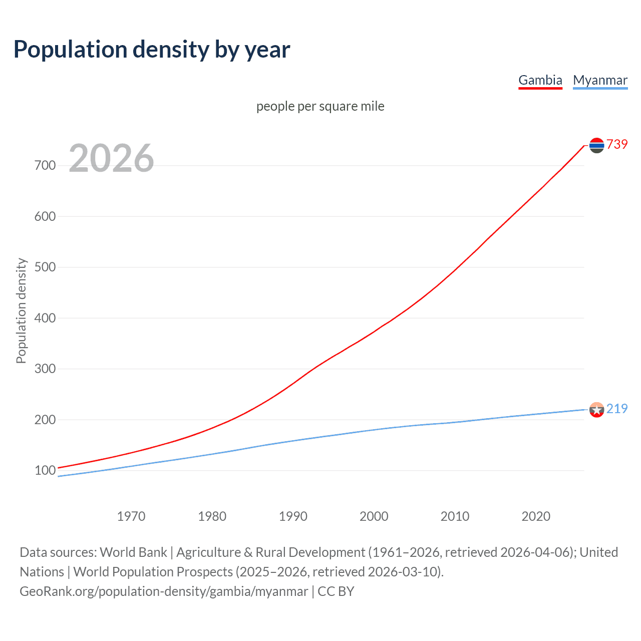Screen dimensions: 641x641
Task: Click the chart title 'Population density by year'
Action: pyautogui.click(x=152, y=50)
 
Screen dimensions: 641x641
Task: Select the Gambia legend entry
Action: pyautogui.click(x=540, y=80)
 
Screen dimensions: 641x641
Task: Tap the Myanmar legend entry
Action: pyautogui.click(x=600, y=80)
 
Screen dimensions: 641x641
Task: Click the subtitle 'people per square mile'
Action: pyautogui.click(x=320, y=106)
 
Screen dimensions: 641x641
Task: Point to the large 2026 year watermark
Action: pyautogui.click(x=111, y=158)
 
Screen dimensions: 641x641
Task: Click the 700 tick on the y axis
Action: pyautogui.click(x=45, y=165)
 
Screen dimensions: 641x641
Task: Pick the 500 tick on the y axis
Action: pyautogui.click(x=45, y=267)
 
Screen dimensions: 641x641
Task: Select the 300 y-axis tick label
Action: pyautogui.click(x=45, y=369)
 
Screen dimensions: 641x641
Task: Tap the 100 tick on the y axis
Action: pyautogui.click(x=45, y=470)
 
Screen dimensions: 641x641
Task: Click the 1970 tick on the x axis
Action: pyautogui.click(x=131, y=516)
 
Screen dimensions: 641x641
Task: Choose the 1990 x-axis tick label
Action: pyautogui.click(x=293, y=516)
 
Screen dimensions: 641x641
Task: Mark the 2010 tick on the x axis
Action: pyautogui.click(x=455, y=516)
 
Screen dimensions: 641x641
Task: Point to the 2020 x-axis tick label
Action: pyautogui.click(x=536, y=516)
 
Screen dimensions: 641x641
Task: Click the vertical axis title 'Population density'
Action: pyautogui.click(x=21, y=310)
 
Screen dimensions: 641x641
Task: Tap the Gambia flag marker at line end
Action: pyautogui.click(x=596, y=145)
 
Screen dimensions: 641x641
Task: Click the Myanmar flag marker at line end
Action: pyautogui.click(x=596, y=410)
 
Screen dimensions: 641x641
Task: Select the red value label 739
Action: pyautogui.click(x=617, y=144)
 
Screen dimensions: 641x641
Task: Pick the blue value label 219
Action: pyautogui.click(x=617, y=409)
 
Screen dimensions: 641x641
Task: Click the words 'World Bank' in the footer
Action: pyautogui.click(x=133, y=552)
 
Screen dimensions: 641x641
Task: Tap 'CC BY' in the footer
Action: pyautogui.click(x=336, y=591)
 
